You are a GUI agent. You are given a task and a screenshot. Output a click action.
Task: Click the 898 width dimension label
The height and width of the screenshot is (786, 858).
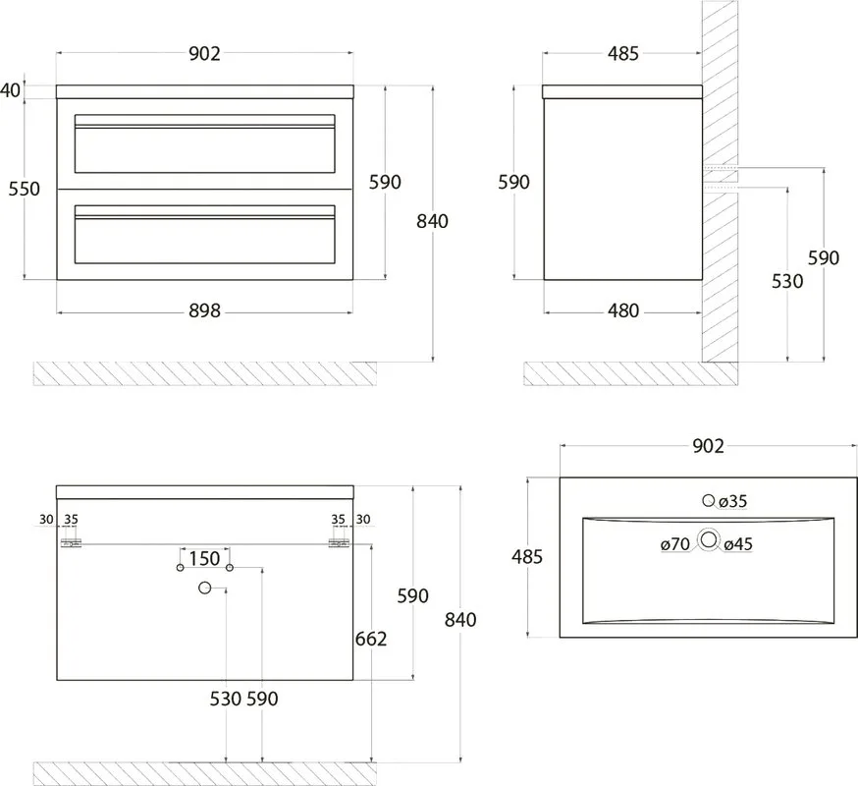click(x=204, y=311)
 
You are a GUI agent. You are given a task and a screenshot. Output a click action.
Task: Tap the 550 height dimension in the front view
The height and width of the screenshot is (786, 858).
click(x=25, y=189)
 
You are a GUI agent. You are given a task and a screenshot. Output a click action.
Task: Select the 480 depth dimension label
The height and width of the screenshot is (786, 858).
click(x=623, y=311)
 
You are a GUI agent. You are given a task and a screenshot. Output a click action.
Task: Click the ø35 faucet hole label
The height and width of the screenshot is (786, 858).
click(x=732, y=501)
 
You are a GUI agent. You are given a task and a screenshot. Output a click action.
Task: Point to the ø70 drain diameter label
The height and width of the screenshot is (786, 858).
click(x=675, y=544)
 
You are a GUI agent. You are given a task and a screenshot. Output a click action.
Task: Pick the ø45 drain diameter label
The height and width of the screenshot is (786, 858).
click(x=738, y=544)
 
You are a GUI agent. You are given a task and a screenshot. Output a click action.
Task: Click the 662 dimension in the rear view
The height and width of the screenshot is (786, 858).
click(x=371, y=639)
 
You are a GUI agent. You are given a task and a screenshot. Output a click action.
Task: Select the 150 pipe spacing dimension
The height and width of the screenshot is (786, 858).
click(x=204, y=559)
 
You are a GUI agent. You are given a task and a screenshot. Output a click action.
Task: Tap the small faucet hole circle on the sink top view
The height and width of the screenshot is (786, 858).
click(x=709, y=500)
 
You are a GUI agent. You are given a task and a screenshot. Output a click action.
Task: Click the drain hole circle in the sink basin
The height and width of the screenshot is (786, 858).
click(x=709, y=540)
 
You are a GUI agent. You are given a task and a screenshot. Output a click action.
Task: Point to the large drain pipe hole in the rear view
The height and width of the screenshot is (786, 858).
click(x=204, y=589)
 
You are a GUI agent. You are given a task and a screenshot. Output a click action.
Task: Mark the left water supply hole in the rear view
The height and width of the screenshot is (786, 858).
click(x=180, y=568)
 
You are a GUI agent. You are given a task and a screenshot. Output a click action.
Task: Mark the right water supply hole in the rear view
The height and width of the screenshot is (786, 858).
click(x=230, y=568)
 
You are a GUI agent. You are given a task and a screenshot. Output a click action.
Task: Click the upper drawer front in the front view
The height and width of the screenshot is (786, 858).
click(x=204, y=143)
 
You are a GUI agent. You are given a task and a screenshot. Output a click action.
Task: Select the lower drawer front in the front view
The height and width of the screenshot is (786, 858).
click(x=204, y=235)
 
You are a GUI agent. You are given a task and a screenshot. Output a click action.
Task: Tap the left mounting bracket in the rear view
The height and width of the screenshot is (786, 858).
click(x=71, y=542)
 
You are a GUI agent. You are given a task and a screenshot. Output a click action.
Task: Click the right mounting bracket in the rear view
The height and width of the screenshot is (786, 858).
click(x=339, y=542)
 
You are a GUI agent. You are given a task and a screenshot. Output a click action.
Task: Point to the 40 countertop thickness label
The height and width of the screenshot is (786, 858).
click(x=11, y=90)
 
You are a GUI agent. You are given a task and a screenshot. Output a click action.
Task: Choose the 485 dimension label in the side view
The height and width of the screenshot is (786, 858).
click(x=623, y=54)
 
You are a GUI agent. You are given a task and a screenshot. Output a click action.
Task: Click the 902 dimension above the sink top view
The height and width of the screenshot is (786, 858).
click(x=708, y=446)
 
